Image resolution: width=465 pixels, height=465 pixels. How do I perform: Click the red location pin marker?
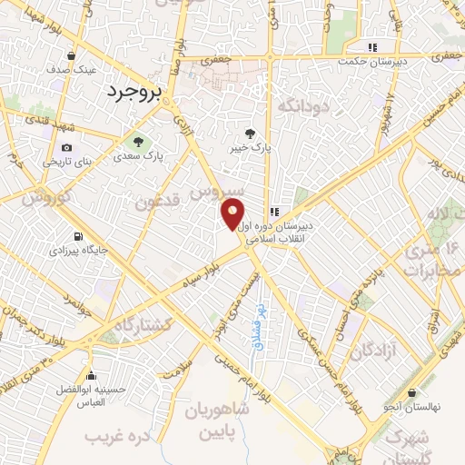point(232,215)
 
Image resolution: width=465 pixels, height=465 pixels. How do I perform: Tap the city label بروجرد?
point(132,91)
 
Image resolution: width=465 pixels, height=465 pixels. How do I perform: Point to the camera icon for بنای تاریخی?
point(66,148)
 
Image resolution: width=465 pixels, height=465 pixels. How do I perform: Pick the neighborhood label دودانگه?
point(301,107)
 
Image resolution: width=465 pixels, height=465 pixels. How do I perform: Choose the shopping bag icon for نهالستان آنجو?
point(412,393)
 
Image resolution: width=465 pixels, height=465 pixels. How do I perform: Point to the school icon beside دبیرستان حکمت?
point(371,47)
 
